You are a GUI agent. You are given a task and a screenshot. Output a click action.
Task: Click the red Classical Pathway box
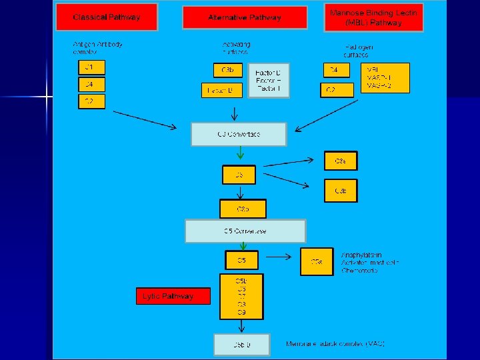[107, 17]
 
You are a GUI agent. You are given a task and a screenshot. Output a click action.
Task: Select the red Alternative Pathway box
[245, 17]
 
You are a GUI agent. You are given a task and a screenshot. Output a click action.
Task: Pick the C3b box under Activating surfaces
[227, 70]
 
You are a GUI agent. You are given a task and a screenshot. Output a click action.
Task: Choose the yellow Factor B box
[221, 90]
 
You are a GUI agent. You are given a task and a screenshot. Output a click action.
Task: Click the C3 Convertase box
[239, 134]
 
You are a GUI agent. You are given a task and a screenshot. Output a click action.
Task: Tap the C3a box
[340, 161]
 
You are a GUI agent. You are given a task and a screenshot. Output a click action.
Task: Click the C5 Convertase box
[245, 231]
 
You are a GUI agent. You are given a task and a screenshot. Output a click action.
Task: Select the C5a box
[317, 262]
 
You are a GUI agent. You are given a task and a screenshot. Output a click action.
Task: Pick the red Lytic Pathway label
[174, 296]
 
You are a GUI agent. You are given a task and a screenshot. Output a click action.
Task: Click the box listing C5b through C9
[241, 296]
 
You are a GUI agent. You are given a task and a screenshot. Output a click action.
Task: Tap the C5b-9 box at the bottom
[241, 345]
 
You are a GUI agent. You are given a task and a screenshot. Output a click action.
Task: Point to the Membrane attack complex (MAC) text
[335, 344]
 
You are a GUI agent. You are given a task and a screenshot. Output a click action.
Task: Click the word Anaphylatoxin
[361, 255]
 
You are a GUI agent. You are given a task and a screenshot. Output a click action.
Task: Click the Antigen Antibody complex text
[97, 48]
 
